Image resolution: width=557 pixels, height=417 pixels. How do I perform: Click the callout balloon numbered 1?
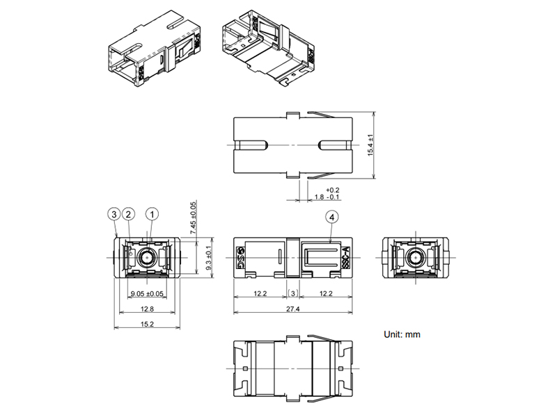(152, 214)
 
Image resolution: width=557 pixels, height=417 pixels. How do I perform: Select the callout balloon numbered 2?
(129, 214)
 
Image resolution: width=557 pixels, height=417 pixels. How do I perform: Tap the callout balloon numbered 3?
(114, 214)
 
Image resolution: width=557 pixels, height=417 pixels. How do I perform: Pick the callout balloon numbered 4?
(332, 217)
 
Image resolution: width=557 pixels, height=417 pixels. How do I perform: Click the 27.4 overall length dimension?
(293, 309)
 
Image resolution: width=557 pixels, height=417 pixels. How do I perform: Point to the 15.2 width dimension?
(147, 324)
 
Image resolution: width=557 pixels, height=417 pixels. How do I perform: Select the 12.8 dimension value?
(147, 309)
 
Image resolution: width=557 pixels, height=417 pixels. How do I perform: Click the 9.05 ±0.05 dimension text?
(147, 293)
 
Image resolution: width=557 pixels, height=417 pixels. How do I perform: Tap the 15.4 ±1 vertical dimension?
(370, 145)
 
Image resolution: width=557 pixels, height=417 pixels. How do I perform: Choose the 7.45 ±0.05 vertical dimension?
(194, 218)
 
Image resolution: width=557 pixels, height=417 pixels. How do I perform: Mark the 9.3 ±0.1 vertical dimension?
(210, 258)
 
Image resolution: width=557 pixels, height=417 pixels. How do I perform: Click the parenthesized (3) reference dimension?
(293, 293)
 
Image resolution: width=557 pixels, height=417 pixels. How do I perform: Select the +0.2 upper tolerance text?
(333, 190)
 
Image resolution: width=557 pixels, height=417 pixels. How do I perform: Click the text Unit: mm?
(402, 334)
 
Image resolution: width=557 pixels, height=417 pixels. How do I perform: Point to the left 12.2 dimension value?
(260, 293)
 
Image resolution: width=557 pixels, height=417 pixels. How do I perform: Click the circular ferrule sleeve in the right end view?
(415, 258)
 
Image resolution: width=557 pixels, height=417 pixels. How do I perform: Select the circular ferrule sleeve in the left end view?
(147, 258)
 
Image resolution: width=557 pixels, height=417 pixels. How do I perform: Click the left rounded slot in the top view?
(251, 145)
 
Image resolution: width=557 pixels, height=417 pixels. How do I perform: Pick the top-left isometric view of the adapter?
(155, 49)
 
